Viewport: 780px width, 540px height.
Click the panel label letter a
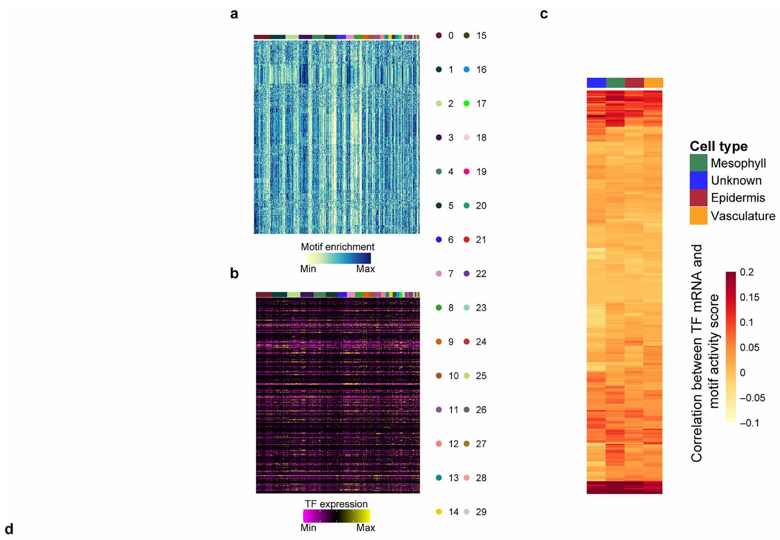tap(234, 14)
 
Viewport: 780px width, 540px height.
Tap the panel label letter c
tap(544, 14)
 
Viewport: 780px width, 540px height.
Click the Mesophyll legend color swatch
tap(698, 163)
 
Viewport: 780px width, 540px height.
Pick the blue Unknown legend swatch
tap(698, 180)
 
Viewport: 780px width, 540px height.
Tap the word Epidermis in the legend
tap(738, 198)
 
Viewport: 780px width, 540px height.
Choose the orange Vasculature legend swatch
tap(698, 216)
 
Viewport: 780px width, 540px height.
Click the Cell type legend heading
tap(718, 146)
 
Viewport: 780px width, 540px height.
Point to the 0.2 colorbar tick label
tap(747, 273)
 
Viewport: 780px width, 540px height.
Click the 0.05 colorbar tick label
tap(750, 348)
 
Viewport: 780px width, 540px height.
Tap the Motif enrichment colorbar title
tap(338, 247)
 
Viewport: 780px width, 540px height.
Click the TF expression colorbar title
tap(336, 504)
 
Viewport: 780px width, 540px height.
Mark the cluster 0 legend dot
tap(439, 35)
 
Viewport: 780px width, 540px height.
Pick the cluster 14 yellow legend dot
tap(439, 512)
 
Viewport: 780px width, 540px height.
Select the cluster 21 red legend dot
tap(466, 240)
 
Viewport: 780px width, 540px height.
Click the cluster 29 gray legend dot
tap(466, 512)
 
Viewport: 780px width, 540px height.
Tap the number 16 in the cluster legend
tap(481, 70)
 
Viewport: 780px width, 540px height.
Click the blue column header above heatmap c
tap(596, 83)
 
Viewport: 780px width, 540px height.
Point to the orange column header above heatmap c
tap(653, 83)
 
